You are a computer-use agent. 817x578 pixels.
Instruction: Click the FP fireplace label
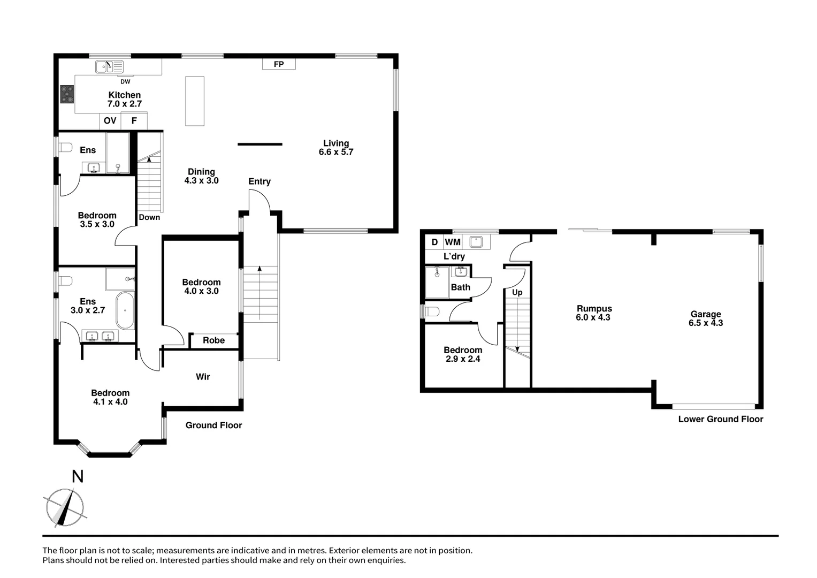tap(279, 64)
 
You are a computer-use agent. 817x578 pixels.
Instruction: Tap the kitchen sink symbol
tap(109, 67)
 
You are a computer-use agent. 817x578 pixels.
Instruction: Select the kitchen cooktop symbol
tap(67, 94)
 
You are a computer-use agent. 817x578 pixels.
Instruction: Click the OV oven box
tap(110, 121)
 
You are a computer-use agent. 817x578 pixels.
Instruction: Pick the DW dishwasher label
tap(125, 82)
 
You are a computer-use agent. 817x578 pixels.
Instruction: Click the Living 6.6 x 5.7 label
tap(336, 148)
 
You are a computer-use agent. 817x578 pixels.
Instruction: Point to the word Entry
tap(259, 181)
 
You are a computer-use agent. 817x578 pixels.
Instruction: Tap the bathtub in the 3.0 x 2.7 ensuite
tap(126, 310)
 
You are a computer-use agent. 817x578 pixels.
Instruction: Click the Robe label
tap(213, 340)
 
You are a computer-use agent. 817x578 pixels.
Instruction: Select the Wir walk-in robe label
tap(203, 377)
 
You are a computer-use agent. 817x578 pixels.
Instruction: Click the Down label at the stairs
tap(149, 217)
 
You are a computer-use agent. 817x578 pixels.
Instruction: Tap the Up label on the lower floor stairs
tap(517, 292)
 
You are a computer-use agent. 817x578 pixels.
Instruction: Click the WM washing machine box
tap(453, 242)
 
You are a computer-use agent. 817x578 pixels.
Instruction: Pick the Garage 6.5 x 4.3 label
tap(706, 318)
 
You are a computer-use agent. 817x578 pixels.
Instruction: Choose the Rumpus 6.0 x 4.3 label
tap(594, 313)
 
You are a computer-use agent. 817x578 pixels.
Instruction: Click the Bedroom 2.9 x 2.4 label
tap(463, 354)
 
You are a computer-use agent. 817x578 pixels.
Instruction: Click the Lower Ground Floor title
tap(720, 419)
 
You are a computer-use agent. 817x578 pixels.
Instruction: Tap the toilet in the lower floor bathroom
tap(431, 311)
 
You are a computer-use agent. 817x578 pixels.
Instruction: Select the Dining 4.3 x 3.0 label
tap(201, 176)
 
